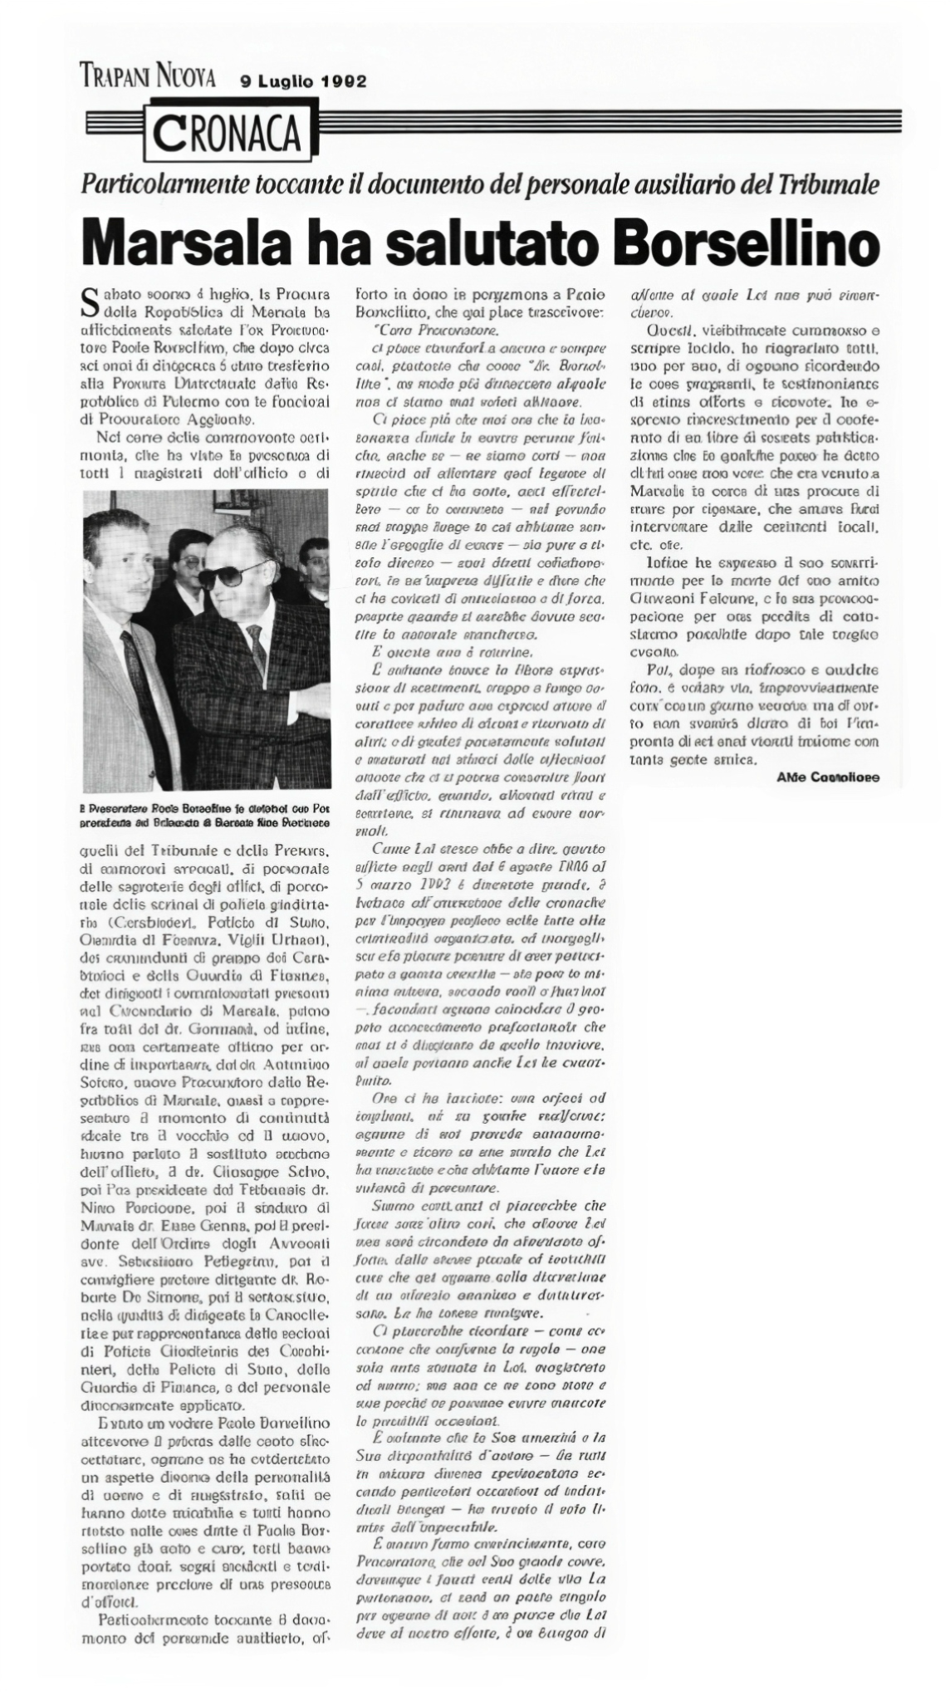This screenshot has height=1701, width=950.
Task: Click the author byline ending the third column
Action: (x=828, y=777)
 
